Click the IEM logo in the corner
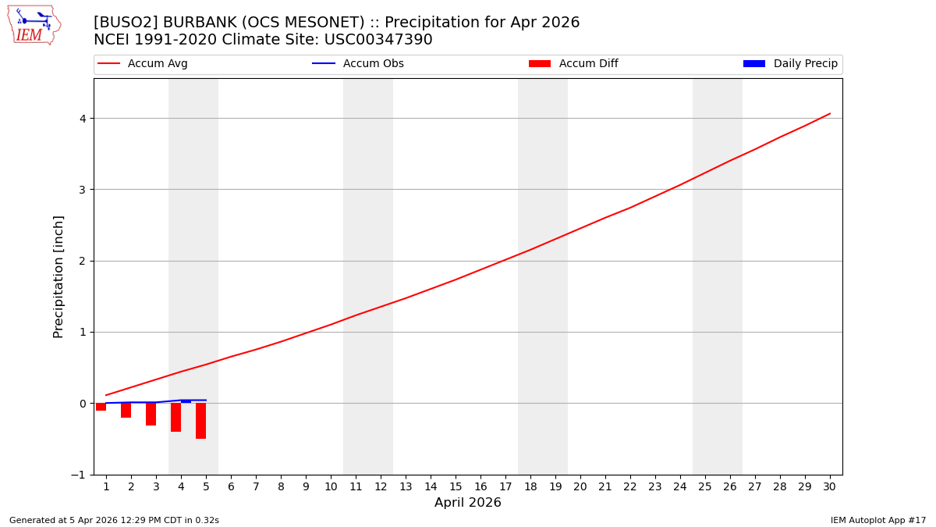[x=34, y=25]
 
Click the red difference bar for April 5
[x=201, y=421]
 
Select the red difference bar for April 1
[x=101, y=407]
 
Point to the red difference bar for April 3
[x=151, y=415]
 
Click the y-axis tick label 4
[x=81, y=119]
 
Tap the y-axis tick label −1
[x=78, y=475]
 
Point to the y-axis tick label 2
[x=81, y=261]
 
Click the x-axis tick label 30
[x=829, y=486]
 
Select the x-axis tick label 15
[x=456, y=486]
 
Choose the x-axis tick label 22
[x=630, y=486]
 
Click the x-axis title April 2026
[x=467, y=503]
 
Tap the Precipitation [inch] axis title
[x=58, y=276]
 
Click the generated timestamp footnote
[x=114, y=520]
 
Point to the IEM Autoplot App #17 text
[x=877, y=520]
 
